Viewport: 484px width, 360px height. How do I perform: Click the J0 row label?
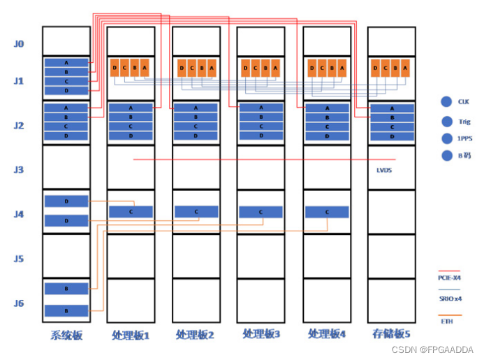click(x=19, y=44)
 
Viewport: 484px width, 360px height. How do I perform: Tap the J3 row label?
click(x=19, y=170)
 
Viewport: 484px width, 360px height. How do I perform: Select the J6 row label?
click(x=19, y=303)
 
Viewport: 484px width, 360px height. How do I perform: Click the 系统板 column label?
click(x=66, y=336)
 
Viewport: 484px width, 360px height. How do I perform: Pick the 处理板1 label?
click(x=131, y=336)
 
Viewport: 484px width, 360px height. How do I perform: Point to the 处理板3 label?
click(x=261, y=335)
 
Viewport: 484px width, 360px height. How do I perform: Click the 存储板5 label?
click(x=392, y=335)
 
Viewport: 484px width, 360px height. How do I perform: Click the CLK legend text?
click(x=464, y=101)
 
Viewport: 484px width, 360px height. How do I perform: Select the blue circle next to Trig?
click(x=447, y=120)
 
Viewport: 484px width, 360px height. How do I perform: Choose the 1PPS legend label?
click(x=464, y=138)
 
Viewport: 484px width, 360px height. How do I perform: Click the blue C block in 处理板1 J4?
click(x=131, y=212)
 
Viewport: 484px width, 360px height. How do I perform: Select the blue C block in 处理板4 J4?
click(x=327, y=212)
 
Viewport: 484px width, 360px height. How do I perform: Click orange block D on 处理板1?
click(x=115, y=68)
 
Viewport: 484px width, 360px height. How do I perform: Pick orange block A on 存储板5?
click(x=406, y=68)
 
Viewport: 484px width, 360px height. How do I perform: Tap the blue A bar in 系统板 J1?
click(x=66, y=63)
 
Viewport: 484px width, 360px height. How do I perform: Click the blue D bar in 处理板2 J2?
click(x=196, y=136)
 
